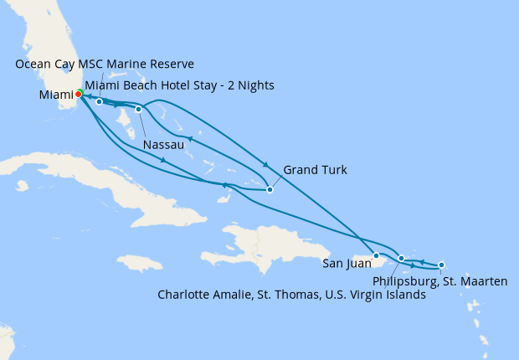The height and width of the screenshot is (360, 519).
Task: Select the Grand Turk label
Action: [315, 171]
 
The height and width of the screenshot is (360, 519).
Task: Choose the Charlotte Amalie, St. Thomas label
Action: [290, 295]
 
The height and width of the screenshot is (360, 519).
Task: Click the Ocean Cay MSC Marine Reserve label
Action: [105, 64]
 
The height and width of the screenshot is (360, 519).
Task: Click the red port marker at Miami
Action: [78, 94]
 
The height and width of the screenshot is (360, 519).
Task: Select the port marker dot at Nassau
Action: [139, 109]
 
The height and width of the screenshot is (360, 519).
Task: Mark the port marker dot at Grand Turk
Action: [270, 189]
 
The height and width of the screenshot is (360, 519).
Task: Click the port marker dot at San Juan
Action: [377, 255]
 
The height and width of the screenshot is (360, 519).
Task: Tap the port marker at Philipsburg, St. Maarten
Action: [441, 265]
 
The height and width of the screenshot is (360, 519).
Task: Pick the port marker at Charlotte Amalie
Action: [402, 259]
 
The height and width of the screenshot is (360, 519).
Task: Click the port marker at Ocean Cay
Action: [99, 102]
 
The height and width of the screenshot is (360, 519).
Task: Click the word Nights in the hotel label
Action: [255, 85]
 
